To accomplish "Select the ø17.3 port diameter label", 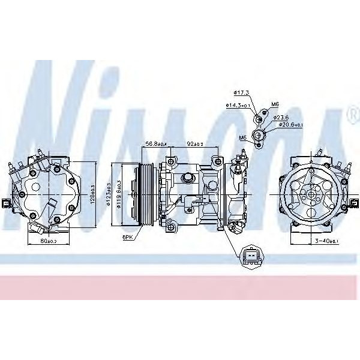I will click(x=241, y=93).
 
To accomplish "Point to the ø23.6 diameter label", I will click(x=281, y=117).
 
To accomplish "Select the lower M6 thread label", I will click(x=242, y=137).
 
